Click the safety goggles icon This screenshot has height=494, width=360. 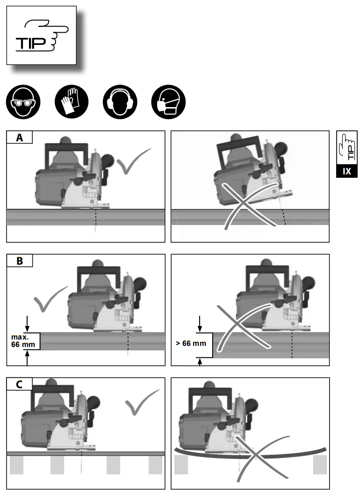click(23, 102)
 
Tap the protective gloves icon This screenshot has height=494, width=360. click(72, 102)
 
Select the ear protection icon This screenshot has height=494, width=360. click(121, 102)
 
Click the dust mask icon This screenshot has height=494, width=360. click(169, 102)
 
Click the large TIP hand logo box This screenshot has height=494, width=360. click(42, 36)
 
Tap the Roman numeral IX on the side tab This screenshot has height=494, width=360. click(346, 171)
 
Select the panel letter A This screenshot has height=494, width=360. click(20, 137)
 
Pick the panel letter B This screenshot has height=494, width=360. click(20, 261)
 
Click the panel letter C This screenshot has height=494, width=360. click(20, 384)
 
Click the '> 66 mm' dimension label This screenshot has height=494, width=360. click(190, 343)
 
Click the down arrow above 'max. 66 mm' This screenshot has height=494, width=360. click(28, 323)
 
